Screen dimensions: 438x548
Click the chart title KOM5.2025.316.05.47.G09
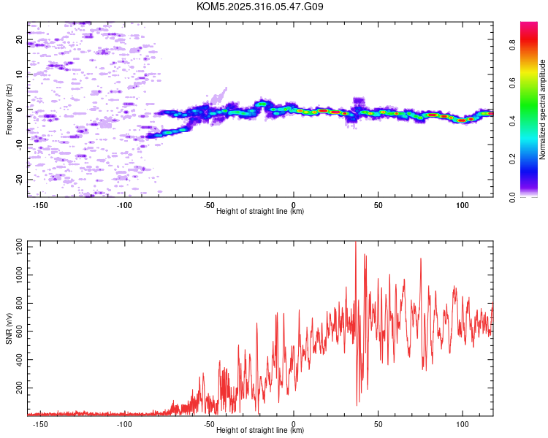tap(260, 7)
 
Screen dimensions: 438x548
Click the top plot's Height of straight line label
tap(260, 211)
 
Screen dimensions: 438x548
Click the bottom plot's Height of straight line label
tap(260, 430)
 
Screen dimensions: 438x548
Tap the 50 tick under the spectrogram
tap(378, 205)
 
